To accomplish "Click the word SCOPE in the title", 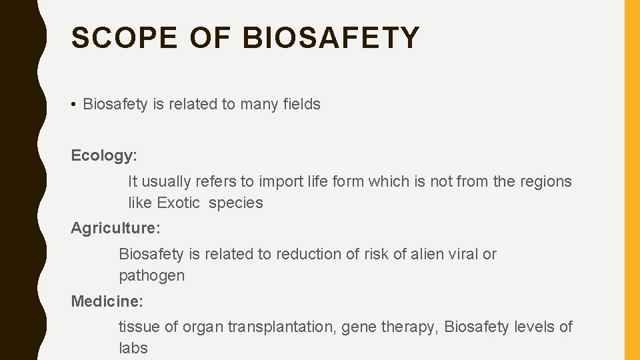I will (x=125, y=38).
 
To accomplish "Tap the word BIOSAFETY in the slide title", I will (x=331, y=38).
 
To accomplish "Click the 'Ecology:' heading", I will (x=104, y=156).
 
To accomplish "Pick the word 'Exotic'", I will (x=178, y=203).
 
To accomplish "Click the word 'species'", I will (x=236, y=203).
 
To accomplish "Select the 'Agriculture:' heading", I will (x=115, y=228).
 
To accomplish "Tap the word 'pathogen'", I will (x=151, y=276).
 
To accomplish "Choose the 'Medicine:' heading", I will (x=107, y=301).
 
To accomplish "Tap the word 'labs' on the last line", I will (x=133, y=348).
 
